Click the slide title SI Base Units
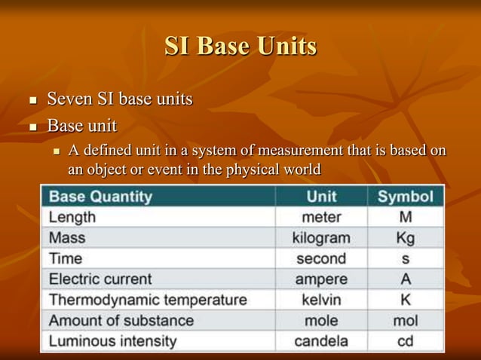pyautogui.click(x=240, y=46)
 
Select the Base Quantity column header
pyautogui.click(x=101, y=197)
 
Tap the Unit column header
pyautogui.click(x=321, y=197)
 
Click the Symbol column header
pyautogui.click(x=405, y=197)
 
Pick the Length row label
pyautogui.click(x=73, y=218)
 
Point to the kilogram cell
pyautogui.click(x=321, y=239)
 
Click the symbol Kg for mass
pyautogui.click(x=405, y=239)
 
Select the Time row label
pyautogui.click(x=66, y=259)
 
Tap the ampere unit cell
pyautogui.click(x=321, y=279)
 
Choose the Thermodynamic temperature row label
pyautogui.click(x=148, y=300)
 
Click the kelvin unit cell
pyautogui.click(x=321, y=300)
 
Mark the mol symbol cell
pyautogui.click(x=405, y=320)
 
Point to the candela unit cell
pyautogui.click(x=321, y=341)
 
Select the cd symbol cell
pyautogui.click(x=405, y=341)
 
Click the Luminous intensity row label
pyautogui.click(x=113, y=341)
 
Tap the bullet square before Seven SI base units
pyautogui.click(x=32, y=100)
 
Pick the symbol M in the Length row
pyautogui.click(x=405, y=218)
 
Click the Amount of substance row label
pyautogui.click(x=121, y=320)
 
